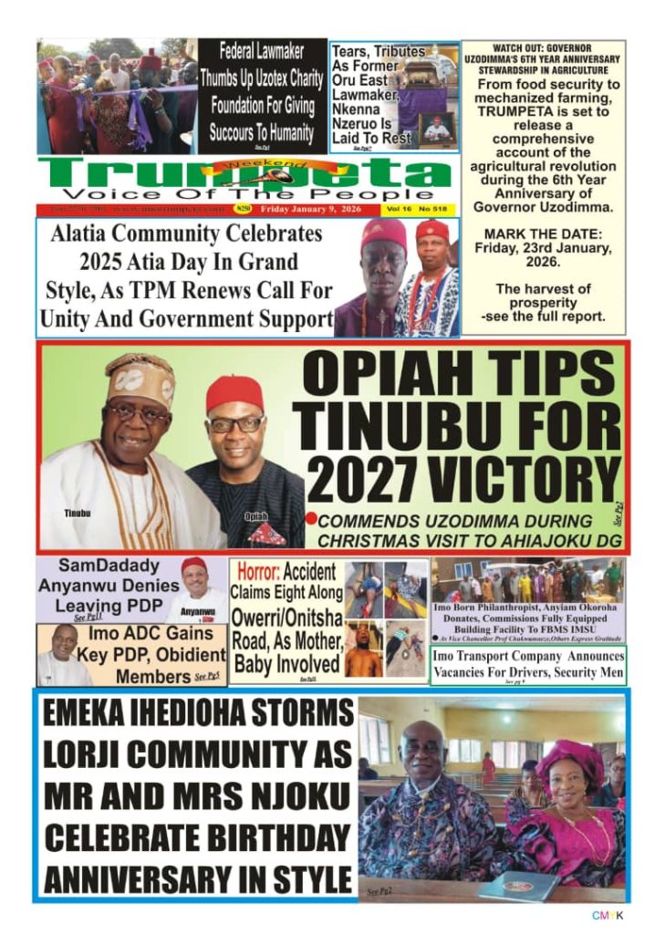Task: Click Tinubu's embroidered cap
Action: tap(140, 377)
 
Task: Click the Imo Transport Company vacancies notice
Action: tap(528, 665)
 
